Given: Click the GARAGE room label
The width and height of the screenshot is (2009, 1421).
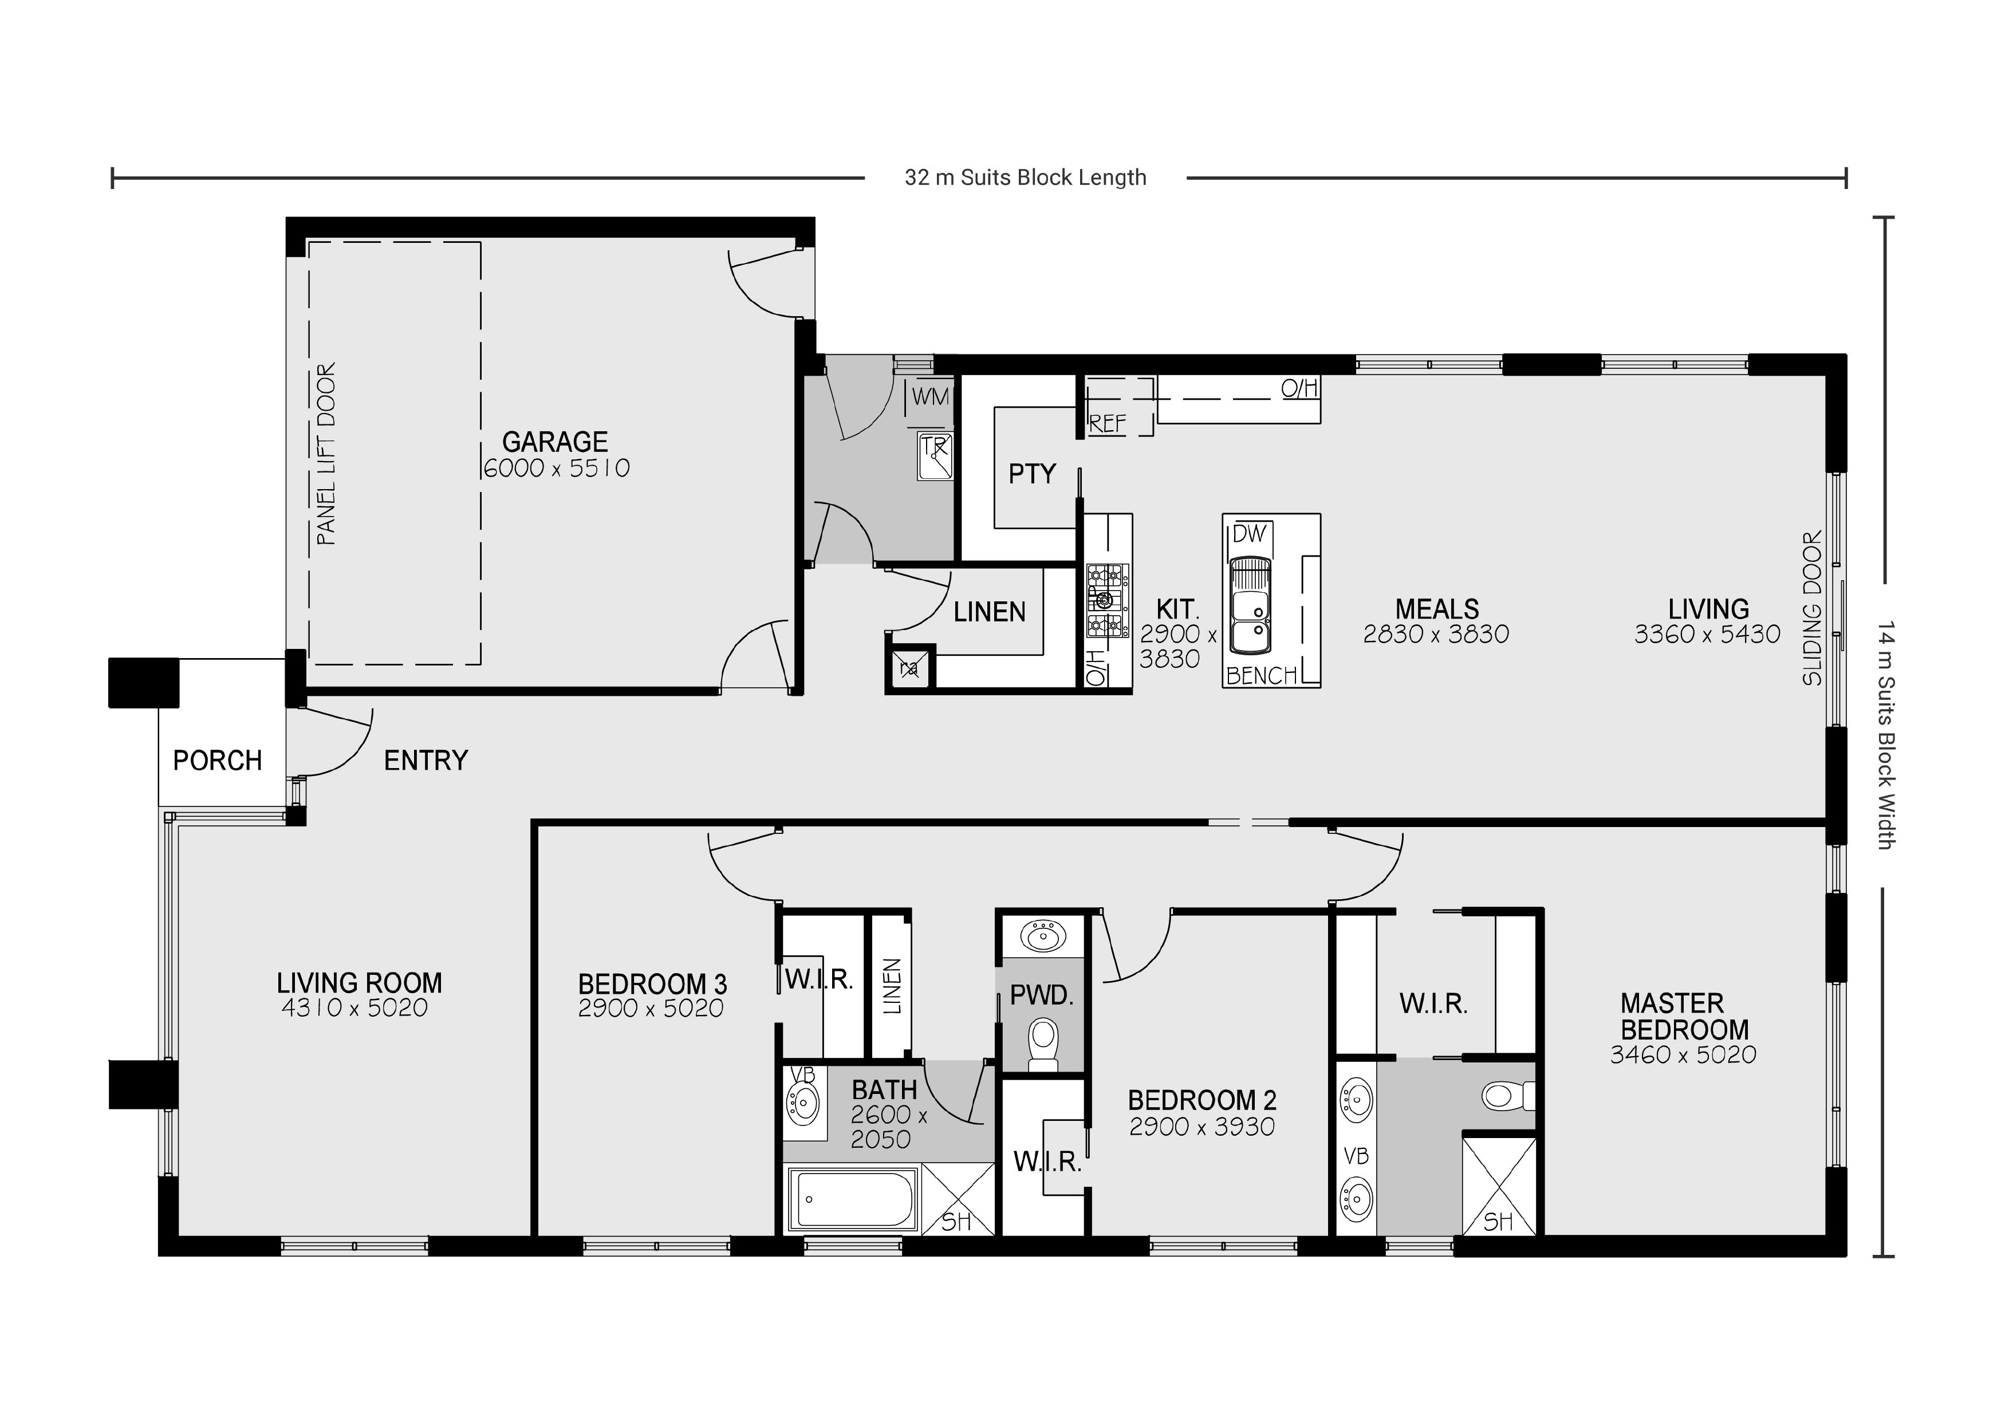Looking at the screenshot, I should pyautogui.click(x=555, y=441).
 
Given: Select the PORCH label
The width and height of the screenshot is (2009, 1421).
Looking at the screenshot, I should pyautogui.click(x=217, y=761).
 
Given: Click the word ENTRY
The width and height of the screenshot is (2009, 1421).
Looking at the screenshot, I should pyautogui.click(x=426, y=761).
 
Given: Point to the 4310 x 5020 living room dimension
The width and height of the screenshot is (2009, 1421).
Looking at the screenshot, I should pyautogui.click(x=354, y=1008).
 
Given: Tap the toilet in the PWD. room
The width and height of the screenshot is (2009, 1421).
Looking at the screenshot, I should pyautogui.click(x=1042, y=1043).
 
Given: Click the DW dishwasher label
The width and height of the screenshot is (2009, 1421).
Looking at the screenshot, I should pyautogui.click(x=1248, y=534).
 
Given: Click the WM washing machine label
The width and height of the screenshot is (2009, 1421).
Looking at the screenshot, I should pyautogui.click(x=929, y=396).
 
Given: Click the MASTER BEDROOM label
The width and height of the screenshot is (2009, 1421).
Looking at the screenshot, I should pyautogui.click(x=1684, y=1016).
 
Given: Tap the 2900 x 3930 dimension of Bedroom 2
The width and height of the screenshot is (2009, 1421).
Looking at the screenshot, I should pyautogui.click(x=1202, y=1127).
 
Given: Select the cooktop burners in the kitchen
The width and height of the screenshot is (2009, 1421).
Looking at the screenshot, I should pyautogui.click(x=1105, y=600).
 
